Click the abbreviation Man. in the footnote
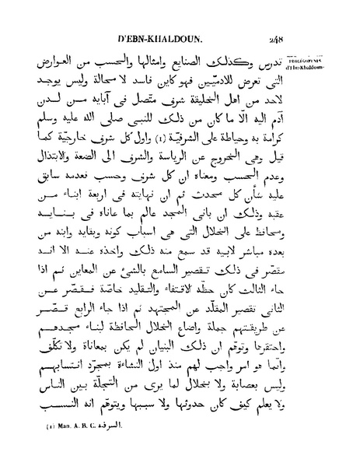69,450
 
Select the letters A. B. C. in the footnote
94,450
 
